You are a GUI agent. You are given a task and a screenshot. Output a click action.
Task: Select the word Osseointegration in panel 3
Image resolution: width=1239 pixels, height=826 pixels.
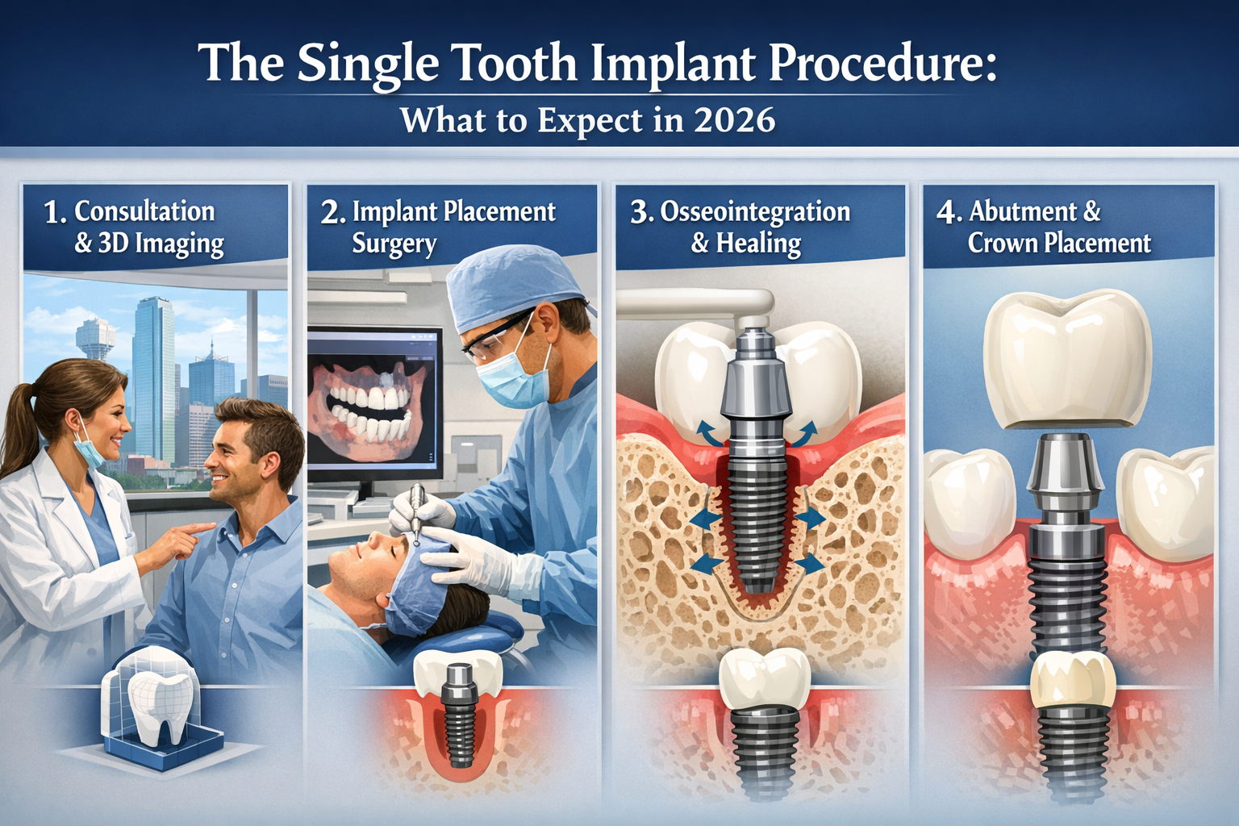(x=755, y=211)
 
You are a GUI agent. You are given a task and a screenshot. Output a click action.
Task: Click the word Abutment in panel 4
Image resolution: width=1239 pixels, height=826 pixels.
(x=1023, y=211)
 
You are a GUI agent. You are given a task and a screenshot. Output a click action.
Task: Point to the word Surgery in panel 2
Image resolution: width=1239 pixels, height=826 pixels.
(x=394, y=244)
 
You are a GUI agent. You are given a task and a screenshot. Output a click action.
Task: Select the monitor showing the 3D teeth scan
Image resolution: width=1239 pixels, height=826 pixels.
(x=375, y=400)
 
